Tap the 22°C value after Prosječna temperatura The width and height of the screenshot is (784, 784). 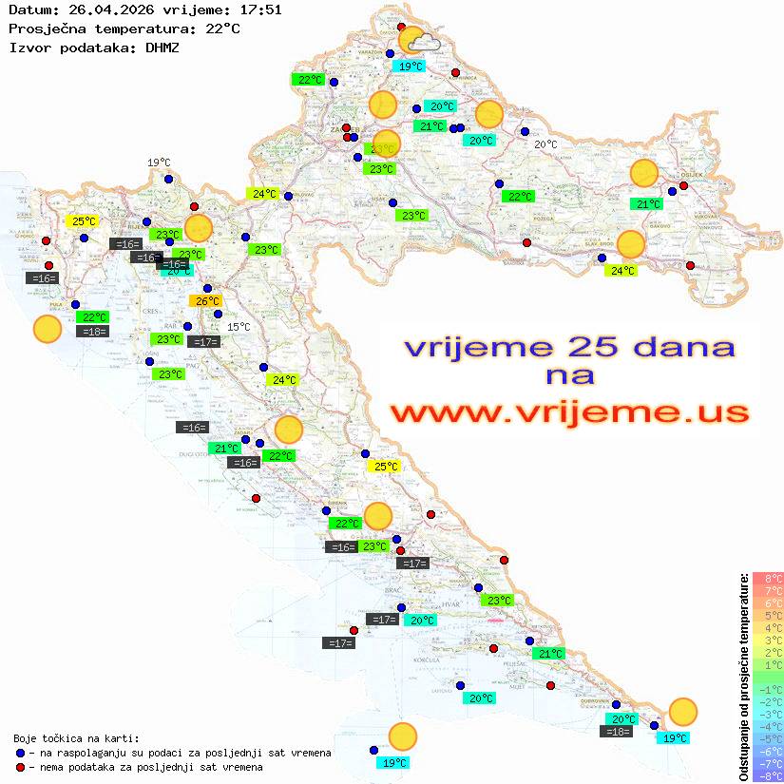coord(222,29)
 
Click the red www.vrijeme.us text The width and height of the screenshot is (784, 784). coord(569,412)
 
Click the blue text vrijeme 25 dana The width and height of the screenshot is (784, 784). coord(569,347)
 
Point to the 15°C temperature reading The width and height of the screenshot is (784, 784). coord(239,327)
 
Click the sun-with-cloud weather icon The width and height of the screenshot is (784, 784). coord(418,41)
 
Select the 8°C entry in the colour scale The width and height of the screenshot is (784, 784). coord(768,578)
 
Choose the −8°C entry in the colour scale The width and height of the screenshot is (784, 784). coord(768,776)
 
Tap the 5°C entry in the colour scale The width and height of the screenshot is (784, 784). coord(768,615)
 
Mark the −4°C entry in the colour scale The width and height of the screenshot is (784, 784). coord(768,727)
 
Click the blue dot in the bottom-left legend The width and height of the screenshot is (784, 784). coord(21,753)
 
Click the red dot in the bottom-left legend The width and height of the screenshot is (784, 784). coord(21,767)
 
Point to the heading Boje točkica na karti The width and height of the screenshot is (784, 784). coord(76,738)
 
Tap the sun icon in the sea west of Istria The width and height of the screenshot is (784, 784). coord(47,330)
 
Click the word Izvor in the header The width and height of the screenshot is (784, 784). coord(27,47)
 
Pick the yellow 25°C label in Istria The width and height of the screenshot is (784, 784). coord(84,221)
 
